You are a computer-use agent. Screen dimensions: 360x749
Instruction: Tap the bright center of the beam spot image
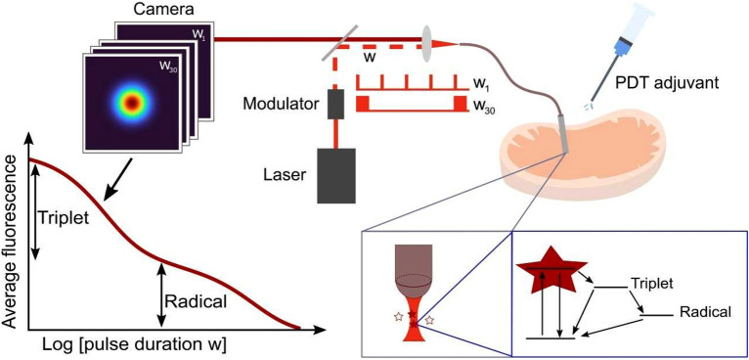(129, 100)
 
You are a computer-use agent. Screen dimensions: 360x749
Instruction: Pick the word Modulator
(280, 104)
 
